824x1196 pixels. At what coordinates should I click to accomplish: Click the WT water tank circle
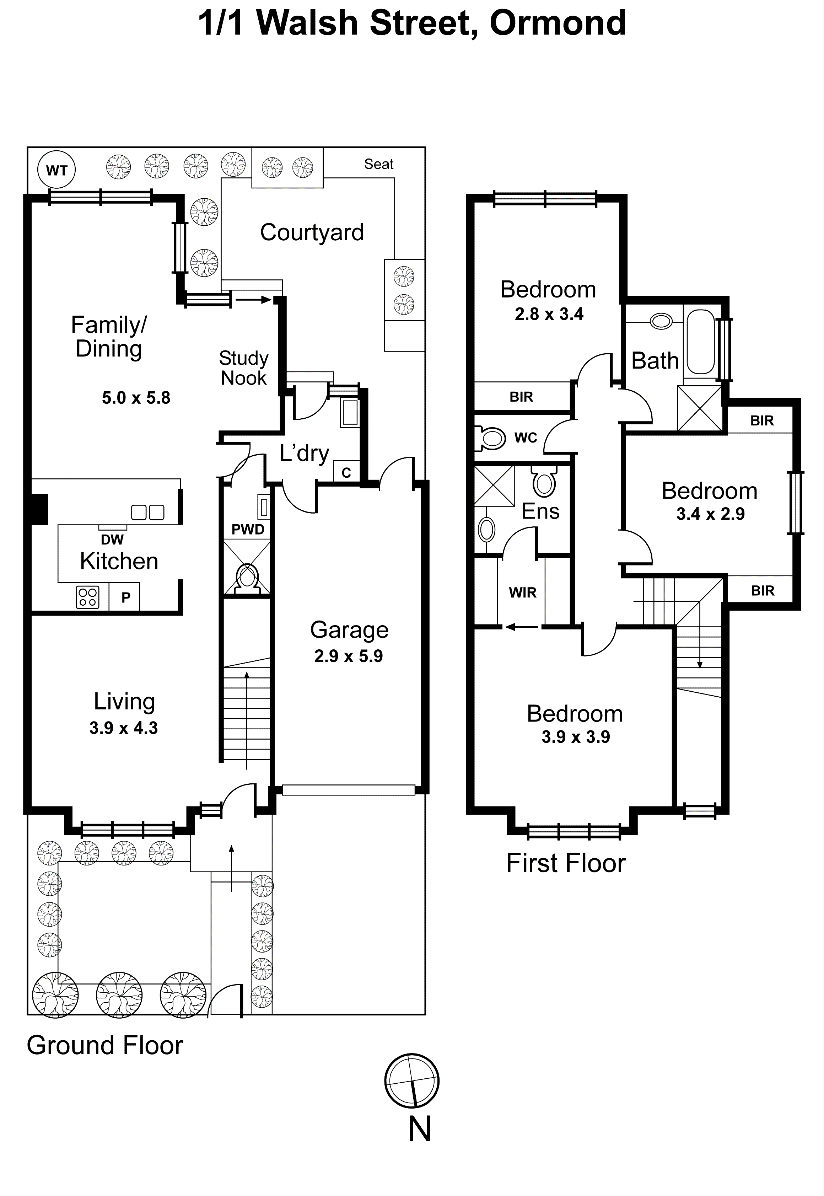57,170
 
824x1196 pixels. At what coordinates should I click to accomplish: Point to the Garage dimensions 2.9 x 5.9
349,656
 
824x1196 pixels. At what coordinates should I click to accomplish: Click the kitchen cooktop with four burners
87,597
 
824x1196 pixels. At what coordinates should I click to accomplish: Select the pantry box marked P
125,597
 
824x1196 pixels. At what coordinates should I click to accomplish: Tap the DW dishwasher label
112,540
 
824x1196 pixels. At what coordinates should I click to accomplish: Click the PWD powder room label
248,529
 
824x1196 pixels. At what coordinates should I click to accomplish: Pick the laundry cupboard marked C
346,472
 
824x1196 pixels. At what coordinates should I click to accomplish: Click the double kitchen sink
148,512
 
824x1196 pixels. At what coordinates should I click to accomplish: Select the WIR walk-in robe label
522,592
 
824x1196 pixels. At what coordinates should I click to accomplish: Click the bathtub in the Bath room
701,341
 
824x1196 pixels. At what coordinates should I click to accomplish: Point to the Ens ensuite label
540,511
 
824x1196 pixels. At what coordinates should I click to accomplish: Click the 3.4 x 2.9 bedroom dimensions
710,514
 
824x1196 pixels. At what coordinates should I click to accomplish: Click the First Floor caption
565,863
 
